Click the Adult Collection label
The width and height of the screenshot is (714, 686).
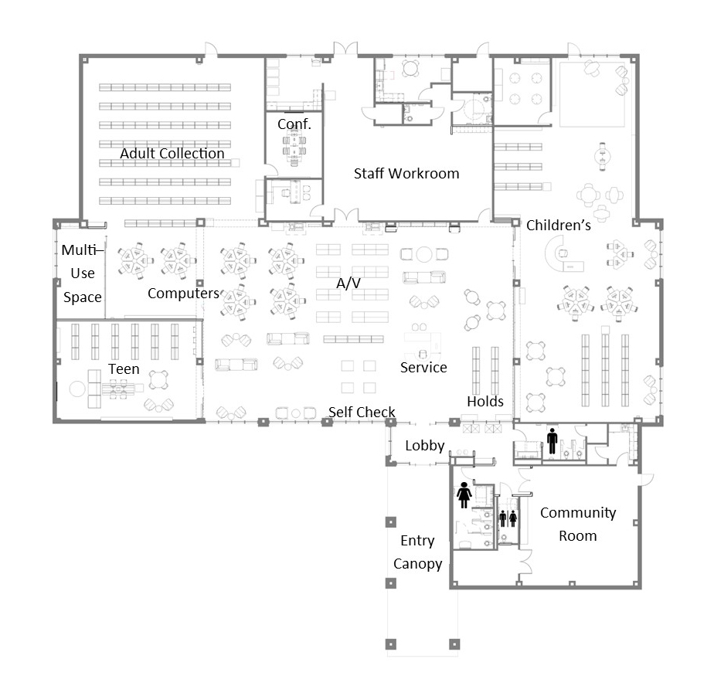[172, 154]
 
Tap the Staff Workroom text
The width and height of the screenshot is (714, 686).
[406, 174]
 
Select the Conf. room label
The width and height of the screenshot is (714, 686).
[294, 124]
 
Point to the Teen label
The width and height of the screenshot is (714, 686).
[124, 368]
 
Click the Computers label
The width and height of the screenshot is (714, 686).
[183, 294]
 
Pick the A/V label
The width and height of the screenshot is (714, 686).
[348, 284]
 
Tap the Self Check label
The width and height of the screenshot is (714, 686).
[362, 412]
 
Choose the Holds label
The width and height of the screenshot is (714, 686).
[485, 402]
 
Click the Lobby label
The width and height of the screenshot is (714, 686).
[425, 446]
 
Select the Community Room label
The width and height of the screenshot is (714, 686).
[578, 525]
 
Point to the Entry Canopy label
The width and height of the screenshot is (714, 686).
[417, 552]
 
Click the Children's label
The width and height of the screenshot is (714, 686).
[559, 226]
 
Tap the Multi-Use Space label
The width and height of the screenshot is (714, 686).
[83, 273]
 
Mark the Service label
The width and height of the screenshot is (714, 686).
[423, 368]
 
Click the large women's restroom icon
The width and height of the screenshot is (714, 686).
[464, 495]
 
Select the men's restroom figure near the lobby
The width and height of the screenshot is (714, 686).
[552, 441]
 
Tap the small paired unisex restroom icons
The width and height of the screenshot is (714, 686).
[508, 518]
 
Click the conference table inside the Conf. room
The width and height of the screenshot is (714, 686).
[294, 146]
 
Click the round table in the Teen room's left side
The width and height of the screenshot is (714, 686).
[77, 389]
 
